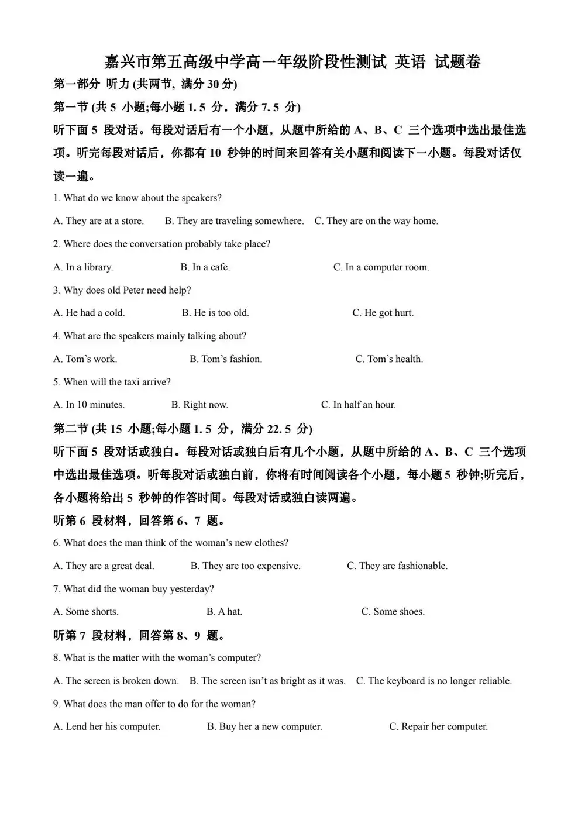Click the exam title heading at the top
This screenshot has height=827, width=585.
point(292,61)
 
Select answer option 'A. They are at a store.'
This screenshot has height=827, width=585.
point(98,221)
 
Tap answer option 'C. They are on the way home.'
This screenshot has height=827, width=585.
point(376,221)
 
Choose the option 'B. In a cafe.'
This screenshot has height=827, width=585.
point(205,267)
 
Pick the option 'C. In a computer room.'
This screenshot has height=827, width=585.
point(381,267)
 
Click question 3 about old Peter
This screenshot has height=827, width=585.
point(122,290)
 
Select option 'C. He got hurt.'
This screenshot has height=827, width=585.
point(383,313)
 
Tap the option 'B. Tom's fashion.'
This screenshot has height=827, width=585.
point(226,359)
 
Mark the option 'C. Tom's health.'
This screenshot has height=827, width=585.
point(389,359)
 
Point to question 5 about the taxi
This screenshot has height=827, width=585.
point(112,382)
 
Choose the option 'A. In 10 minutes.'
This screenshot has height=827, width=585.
point(89,405)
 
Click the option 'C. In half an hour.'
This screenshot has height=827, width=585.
point(359,405)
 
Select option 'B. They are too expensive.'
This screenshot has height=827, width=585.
point(246,566)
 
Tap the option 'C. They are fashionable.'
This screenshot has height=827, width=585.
point(397,566)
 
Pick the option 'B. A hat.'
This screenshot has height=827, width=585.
point(224,612)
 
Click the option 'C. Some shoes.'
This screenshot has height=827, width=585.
point(393,612)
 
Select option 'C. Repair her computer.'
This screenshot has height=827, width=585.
point(439,727)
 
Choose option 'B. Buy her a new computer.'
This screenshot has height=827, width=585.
point(264,727)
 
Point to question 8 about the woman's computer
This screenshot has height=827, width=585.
point(157,658)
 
